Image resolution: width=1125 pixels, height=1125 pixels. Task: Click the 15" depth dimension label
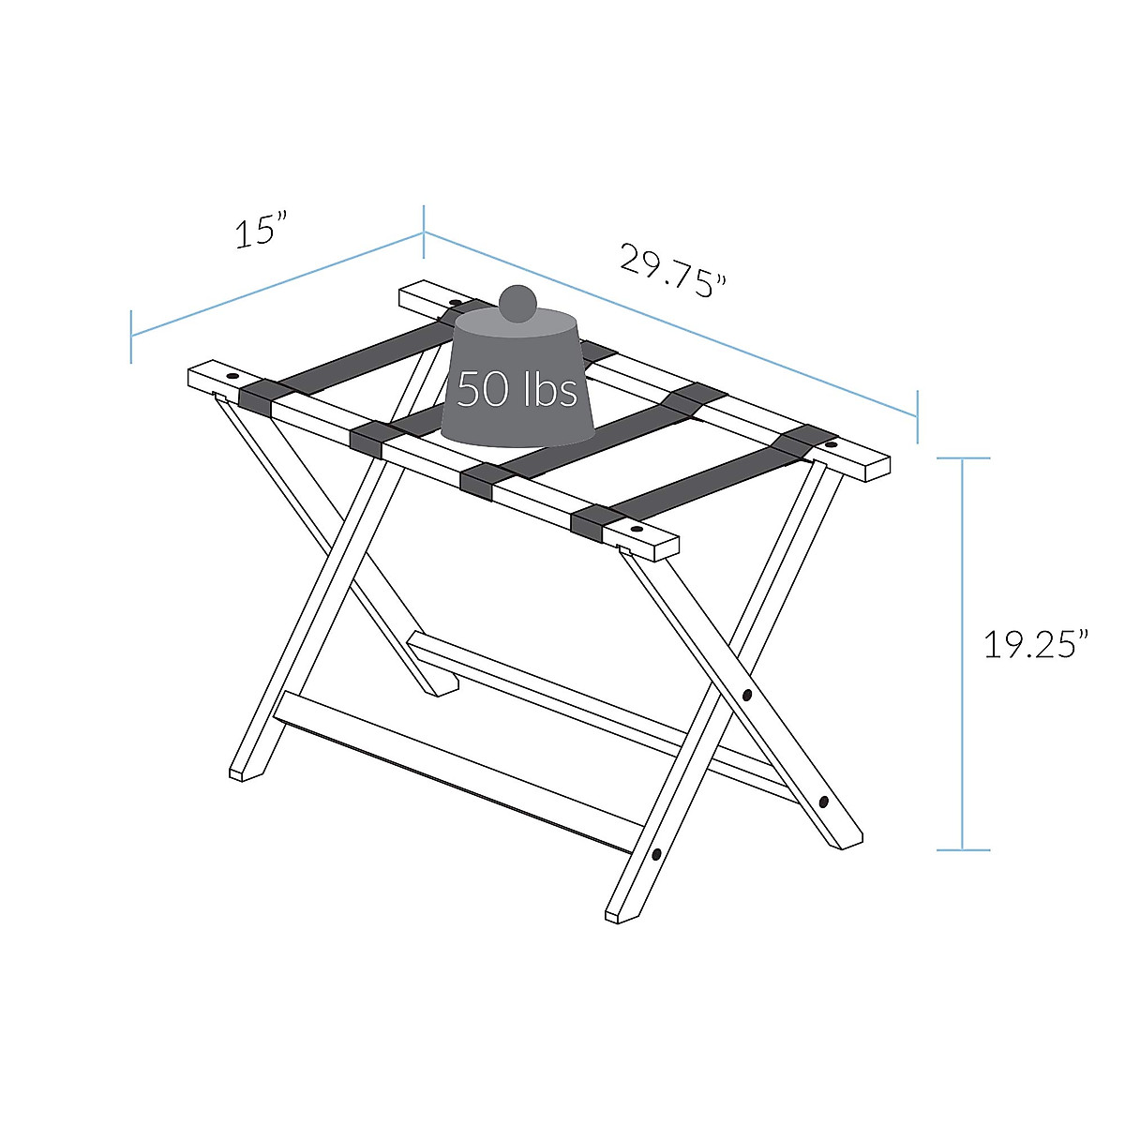pyautogui.click(x=260, y=232)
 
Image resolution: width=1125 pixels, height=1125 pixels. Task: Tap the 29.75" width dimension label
pyautogui.click(x=673, y=271)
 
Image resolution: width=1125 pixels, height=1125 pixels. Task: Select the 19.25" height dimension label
pyautogui.click(x=1035, y=645)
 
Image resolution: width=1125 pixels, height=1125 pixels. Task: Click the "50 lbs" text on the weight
pyautogui.click(x=517, y=389)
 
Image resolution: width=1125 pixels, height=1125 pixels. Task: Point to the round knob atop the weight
pyautogui.click(x=517, y=305)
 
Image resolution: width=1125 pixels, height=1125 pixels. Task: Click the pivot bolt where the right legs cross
pyautogui.click(x=747, y=696)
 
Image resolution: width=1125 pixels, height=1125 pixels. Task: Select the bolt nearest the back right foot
pyautogui.click(x=823, y=802)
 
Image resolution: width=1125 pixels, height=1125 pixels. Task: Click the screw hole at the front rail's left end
pyautogui.click(x=232, y=376)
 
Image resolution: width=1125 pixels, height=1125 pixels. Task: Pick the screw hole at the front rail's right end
pyautogui.click(x=637, y=530)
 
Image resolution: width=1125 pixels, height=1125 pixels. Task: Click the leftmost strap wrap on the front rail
pyautogui.click(x=255, y=397)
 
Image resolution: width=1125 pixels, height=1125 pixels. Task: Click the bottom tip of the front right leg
pyautogui.click(x=616, y=915)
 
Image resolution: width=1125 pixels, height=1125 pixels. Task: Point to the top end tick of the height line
pyautogui.click(x=963, y=458)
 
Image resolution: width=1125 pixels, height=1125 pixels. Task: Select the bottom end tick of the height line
pyautogui.click(x=963, y=850)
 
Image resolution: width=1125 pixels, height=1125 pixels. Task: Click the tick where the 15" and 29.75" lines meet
pyautogui.click(x=424, y=232)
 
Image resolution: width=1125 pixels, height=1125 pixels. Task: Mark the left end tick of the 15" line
pyautogui.click(x=131, y=336)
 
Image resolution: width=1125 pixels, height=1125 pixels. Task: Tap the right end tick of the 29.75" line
pyautogui.click(x=917, y=416)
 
